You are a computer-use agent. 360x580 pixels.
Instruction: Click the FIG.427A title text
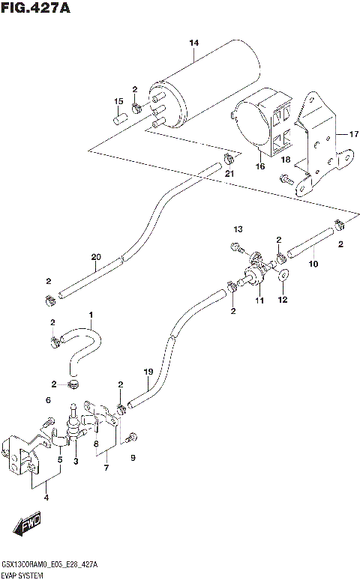pos(36,8)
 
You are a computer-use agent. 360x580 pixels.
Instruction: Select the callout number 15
pos(118,102)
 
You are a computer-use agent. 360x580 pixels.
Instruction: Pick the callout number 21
pos(229,175)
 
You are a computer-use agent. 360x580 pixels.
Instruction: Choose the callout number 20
pos(95,258)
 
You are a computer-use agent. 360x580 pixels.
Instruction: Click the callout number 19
pos(148,372)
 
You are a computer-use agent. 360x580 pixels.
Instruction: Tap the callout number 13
pos(238,228)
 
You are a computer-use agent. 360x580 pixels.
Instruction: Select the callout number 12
pos(283,300)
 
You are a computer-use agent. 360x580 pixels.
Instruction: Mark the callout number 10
pos(313,264)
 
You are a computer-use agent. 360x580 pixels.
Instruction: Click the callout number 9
pos(133,458)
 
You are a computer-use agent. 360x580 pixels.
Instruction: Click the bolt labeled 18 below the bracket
pos(288,178)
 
